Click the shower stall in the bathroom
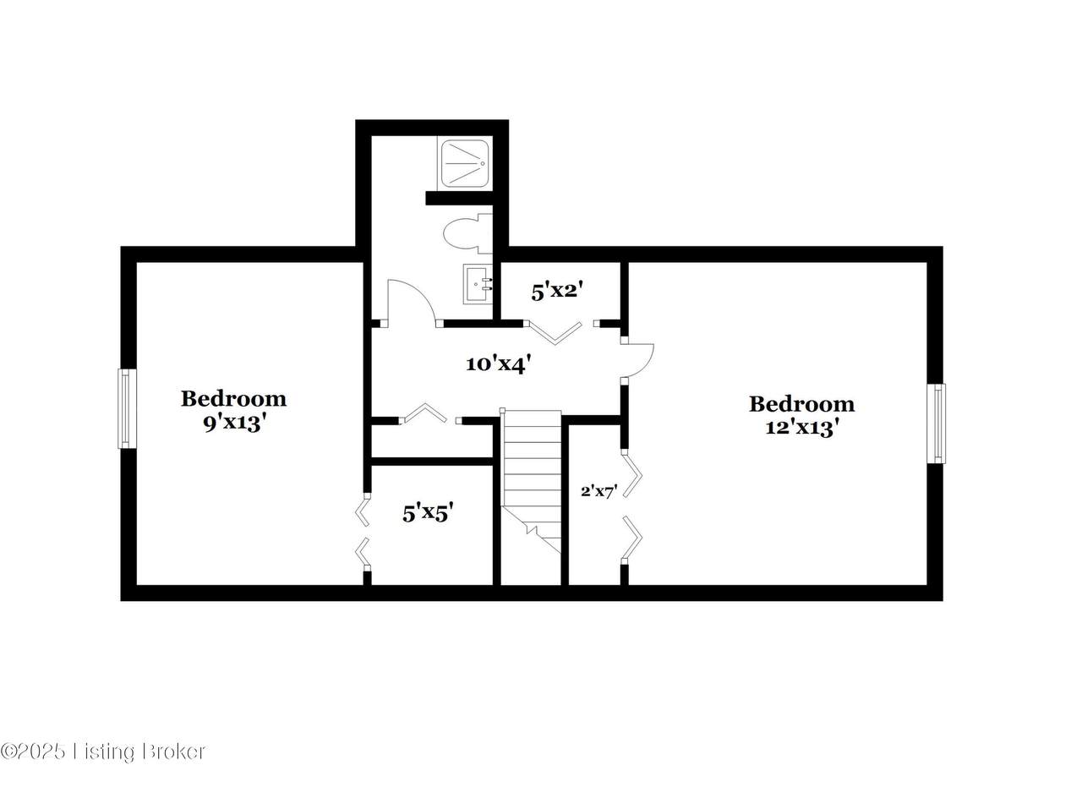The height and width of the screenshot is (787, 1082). click(x=464, y=163)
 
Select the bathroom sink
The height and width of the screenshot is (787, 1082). click(x=478, y=283)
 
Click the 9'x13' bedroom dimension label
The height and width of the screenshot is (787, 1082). click(x=234, y=424)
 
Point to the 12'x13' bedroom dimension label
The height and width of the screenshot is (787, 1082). click(x=801, y=428)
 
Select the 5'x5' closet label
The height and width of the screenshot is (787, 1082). click(x=428, y=512)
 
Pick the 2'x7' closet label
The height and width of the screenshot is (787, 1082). click(x=599, y=492)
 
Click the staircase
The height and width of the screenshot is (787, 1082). click(x=532, y=484)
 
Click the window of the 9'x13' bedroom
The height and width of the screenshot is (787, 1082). click(x=127, y=409)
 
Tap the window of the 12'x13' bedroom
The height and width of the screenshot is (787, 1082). click(x=936, y=424)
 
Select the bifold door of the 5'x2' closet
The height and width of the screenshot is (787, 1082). click(x=555, y=333)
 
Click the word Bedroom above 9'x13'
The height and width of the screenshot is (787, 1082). click(x=234, y=399)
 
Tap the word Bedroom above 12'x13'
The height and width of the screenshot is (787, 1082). click(x=801, y=404)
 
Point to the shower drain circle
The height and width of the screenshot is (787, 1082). click(x=482, y=163)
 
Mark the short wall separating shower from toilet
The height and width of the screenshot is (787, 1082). click(x=459, y=198)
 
